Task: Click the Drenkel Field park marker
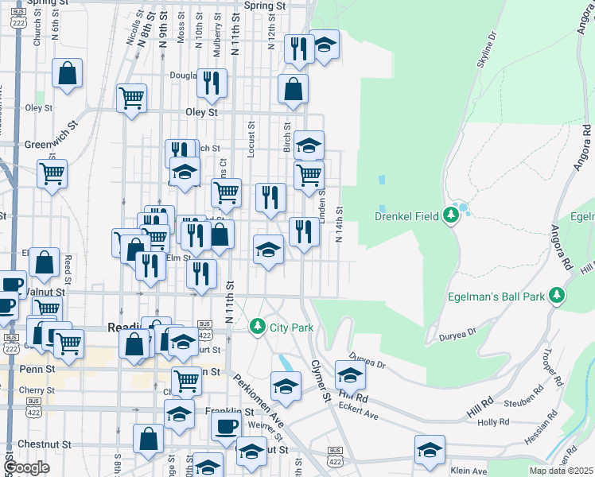(453, 215)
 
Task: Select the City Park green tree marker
(257, 327)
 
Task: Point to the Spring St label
(265, 6)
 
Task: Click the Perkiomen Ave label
(258, 401)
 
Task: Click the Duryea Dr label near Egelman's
(457, 335)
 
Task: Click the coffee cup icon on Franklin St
(226, 425)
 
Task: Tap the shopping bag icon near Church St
(68, 73)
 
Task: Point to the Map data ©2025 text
(561, 471)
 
